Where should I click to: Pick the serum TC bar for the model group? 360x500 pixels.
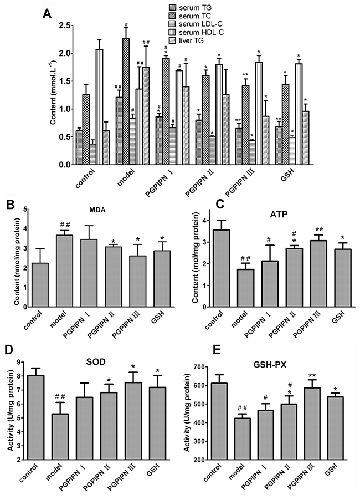tap(126, 101)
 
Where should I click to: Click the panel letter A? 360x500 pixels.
tap(48, 14)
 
